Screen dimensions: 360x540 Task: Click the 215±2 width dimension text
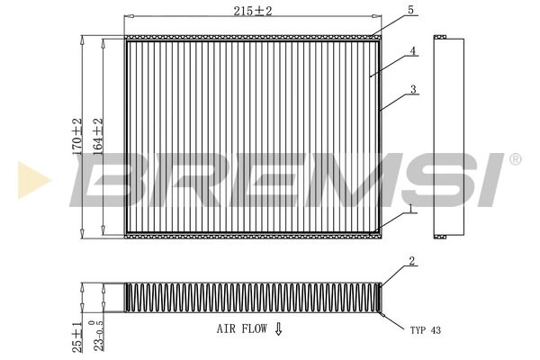249,11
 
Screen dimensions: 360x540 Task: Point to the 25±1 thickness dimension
78,335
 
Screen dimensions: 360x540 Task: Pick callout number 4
411,51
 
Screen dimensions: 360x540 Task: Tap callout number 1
410,208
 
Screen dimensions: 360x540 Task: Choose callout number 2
410,262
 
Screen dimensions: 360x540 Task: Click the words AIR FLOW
241,330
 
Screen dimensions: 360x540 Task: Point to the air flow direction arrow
278,330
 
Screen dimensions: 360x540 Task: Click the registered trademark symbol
514,159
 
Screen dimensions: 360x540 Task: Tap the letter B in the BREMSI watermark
113,179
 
